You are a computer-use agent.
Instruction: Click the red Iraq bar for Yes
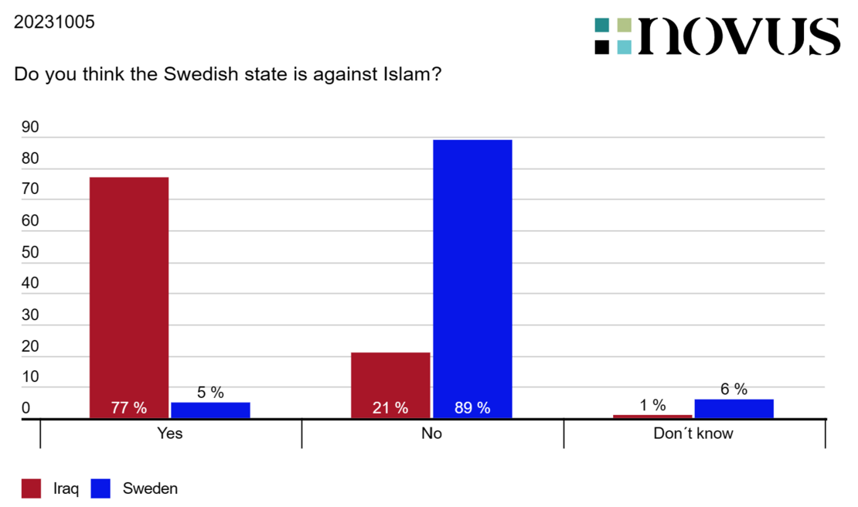[x=129, y=298]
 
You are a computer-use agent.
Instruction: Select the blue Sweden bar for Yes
[x=211, y=410]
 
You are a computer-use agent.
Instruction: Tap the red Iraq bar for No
[x=390, y=386]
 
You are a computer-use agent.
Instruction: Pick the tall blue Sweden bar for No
[x=473, y=279]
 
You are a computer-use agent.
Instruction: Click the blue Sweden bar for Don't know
[x=734, y=409]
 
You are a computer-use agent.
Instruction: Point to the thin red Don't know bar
[x=653, y=417]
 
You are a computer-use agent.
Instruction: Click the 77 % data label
[x=129, y=407]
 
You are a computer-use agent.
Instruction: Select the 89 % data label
[x=473, y=407]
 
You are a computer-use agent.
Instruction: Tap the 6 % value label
[x=734, y=389]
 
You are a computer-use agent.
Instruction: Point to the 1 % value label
[x=653, y=405]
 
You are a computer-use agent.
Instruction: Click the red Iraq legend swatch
[x=31, y=488]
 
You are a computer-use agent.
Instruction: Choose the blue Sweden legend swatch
[x=100, y=488]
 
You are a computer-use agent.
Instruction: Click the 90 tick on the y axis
[x=30, y=127]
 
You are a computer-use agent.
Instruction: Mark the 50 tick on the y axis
[x=30, y=252]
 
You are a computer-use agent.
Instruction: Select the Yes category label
[x=169, y=433]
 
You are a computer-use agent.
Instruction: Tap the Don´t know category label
[x=693, y=433]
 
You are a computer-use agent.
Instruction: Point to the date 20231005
[x=54, y=22]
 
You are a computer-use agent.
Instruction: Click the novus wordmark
[x=739, y=36]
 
